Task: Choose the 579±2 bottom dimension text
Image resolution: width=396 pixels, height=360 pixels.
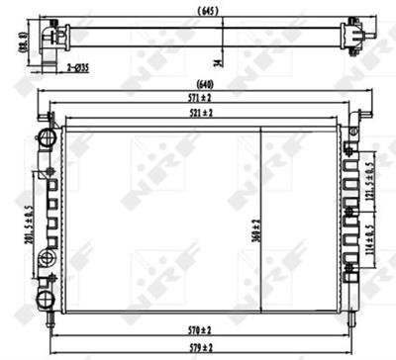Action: pos(201,347)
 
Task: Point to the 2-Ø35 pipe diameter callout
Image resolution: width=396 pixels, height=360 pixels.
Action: pos(79,66)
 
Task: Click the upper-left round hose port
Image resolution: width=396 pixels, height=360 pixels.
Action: pos(45,135)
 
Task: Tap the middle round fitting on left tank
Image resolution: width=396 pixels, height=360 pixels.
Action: pos(46,259)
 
